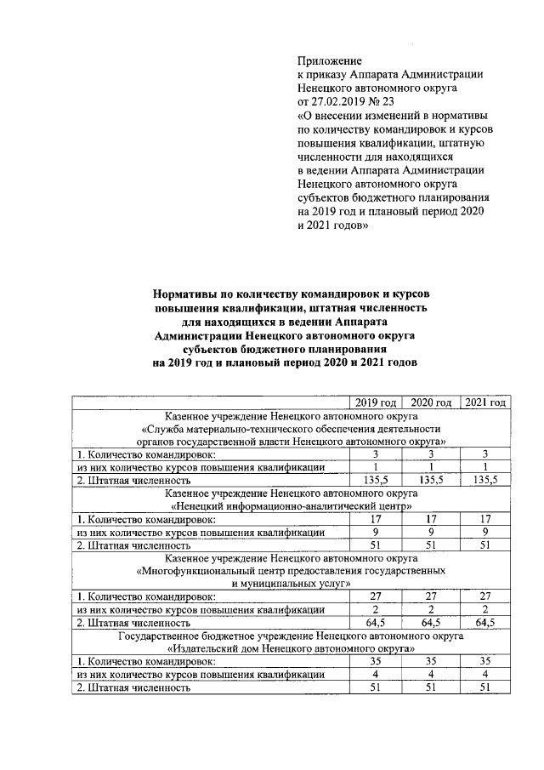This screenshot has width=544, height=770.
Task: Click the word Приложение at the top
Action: tap(330, 60)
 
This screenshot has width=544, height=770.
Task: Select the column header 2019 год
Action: tap(376, 402)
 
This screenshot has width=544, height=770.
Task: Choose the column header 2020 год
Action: tap(430, 402)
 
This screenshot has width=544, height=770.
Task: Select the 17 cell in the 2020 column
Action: tap(430, 519)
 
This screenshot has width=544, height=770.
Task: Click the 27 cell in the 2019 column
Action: tap(376, 596)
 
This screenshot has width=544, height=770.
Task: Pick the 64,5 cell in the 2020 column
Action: tap(430, 623)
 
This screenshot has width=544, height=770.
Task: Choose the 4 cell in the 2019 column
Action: tap(376, 674)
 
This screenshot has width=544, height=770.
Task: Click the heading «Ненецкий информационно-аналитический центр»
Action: tap(292, 506)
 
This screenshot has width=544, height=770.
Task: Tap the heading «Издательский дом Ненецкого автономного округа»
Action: tap(292, 648)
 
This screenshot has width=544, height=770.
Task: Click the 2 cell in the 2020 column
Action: tap(430, 609)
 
